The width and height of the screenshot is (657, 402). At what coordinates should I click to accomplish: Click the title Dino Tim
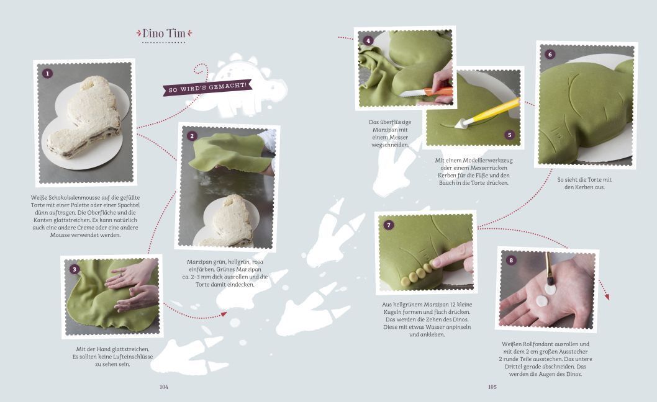(x=164, y=33)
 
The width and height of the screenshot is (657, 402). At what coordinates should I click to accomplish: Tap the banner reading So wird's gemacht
(x=207, y=87)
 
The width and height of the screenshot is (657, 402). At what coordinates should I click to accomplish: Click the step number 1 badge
(x=47, y=74)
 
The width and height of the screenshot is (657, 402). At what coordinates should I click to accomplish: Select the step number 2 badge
(x=192, y=136)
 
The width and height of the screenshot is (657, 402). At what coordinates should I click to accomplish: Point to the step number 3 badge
(x=74, y=269)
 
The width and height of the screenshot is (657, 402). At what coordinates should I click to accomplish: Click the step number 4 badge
(x=368, y=40)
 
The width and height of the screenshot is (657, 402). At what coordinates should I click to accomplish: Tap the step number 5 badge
(x=509, y=135)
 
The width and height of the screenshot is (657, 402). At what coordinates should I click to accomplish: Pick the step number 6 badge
(x=550, y=55)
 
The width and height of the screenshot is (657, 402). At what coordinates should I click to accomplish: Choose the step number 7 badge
(x=388, y=225)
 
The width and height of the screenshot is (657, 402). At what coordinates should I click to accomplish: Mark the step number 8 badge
(x=511, y=261)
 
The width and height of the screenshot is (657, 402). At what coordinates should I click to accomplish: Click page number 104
(x=164, y=387)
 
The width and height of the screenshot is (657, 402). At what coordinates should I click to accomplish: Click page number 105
(x=492, y=387)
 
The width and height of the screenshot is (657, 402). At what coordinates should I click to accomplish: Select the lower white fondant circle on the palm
(x=542, y=301)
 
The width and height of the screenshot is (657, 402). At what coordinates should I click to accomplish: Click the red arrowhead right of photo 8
(x=606, y=296)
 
